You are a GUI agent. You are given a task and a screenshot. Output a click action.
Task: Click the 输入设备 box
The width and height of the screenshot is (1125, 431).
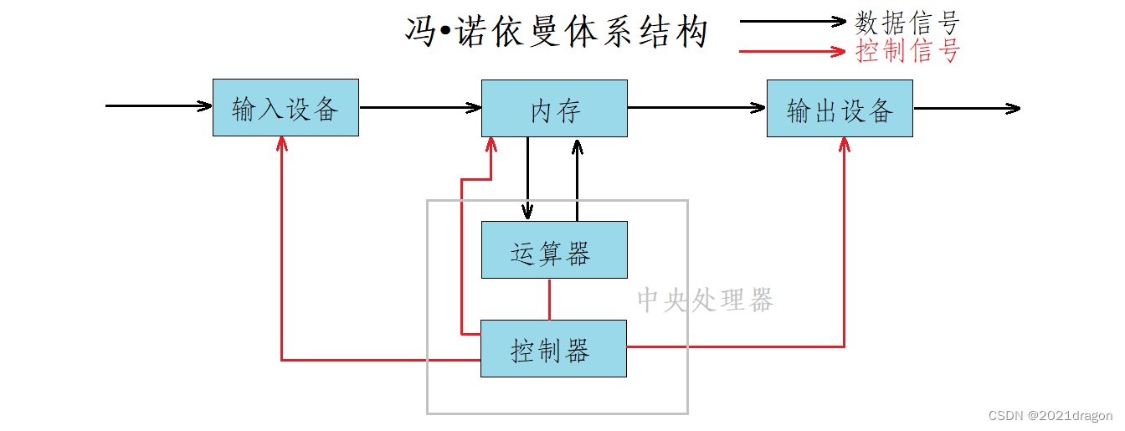point(285,108)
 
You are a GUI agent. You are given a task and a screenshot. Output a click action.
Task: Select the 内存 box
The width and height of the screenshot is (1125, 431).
point(554,109)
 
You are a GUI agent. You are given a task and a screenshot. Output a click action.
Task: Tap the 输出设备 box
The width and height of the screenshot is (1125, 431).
point(840,109)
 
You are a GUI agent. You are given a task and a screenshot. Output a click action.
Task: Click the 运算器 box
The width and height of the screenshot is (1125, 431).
point(554,250)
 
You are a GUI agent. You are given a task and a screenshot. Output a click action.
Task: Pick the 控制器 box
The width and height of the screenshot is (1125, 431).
point(553,349)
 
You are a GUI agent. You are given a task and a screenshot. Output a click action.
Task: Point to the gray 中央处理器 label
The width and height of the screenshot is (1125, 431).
point(705,300)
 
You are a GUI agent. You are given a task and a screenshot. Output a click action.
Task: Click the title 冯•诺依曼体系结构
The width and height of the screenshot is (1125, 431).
point(557,33)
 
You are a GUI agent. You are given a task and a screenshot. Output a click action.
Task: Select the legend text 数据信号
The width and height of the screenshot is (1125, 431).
point(907,22)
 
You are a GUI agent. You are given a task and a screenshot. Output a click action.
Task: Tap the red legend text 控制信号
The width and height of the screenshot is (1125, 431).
point(907,51)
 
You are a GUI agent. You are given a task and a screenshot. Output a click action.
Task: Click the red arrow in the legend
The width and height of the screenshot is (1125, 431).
point(792,51)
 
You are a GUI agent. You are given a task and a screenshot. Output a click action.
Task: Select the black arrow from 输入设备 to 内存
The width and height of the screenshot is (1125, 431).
point(420,107)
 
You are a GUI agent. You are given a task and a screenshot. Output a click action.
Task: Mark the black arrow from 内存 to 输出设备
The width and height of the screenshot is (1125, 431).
point(696,107)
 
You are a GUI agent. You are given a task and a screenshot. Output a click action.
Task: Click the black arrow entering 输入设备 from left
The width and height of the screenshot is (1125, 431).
point(159,106)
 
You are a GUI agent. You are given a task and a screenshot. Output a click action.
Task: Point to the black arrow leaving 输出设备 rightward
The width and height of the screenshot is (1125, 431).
point(967,108)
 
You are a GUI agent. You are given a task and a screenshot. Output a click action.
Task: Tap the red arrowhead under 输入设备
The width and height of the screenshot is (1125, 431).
point(282,145)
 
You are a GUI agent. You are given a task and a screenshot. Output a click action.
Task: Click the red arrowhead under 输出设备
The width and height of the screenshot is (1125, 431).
point(844,145)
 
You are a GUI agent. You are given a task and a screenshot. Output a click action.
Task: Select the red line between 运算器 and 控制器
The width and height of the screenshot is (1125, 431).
point(549,299)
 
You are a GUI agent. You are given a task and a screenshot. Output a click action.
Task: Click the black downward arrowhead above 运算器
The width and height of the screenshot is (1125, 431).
point(527,211)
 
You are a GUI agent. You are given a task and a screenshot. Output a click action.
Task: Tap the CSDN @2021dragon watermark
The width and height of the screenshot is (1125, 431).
point(1050,416)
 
